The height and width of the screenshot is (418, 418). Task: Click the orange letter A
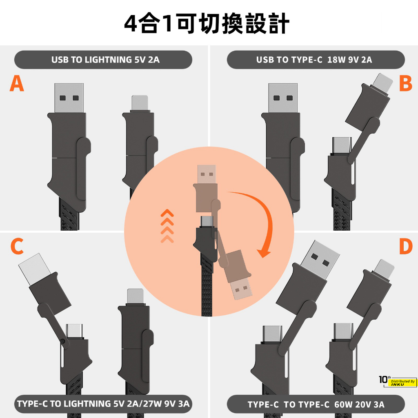17,83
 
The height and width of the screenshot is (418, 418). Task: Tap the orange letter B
405,83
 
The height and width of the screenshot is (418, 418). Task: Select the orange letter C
17,246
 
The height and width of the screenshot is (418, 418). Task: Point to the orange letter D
405,246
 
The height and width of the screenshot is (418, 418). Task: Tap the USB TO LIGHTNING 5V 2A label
106,60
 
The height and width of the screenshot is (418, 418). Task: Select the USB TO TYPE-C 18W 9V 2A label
314,60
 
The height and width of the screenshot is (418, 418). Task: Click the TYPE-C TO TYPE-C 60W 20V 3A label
316,405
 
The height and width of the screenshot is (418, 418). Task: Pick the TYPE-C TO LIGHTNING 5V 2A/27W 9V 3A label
103,404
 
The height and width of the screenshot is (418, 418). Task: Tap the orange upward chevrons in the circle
167,226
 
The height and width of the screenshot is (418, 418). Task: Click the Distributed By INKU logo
398,381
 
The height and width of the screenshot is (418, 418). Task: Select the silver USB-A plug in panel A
69,98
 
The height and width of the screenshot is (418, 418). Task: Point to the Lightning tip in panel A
140,102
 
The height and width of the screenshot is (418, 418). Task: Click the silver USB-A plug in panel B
283,98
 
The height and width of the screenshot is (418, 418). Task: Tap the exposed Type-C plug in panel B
341,145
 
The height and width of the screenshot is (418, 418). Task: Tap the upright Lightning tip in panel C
136,296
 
